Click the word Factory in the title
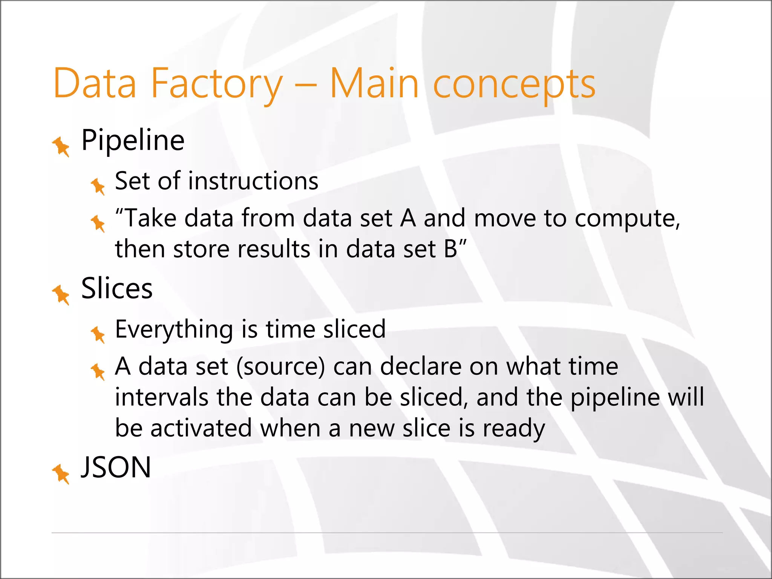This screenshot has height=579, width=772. coord(216,84)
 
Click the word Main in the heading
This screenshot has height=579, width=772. coord(374,84)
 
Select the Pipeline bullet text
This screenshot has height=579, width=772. coord(133,140)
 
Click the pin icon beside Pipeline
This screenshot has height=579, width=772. coord(61,146)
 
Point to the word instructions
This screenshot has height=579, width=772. coord(253,181)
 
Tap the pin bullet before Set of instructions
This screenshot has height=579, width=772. coord(98,186)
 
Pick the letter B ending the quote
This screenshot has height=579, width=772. coord(450,249)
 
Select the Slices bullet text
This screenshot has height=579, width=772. coord(117,288)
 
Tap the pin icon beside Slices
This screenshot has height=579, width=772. coord(61,294)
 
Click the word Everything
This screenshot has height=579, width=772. coord(174,329)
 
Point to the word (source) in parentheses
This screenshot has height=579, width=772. coord(280,367)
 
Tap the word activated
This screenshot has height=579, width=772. coord(201,428)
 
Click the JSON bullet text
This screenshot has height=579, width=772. coord(116,467)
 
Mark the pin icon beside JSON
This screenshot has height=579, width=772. coord(61,473)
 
